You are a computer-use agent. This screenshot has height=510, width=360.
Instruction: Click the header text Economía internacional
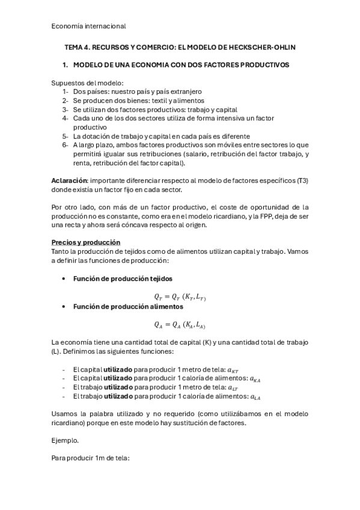tap(88, 26)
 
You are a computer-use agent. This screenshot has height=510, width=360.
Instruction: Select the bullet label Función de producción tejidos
tap(123, 279)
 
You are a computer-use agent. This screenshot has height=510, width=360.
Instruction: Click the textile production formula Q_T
tap(180, 296)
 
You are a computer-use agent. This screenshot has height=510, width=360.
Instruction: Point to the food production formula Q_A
tap(180, 325)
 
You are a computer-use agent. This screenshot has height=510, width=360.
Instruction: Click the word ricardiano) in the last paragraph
tap(70, 423)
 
